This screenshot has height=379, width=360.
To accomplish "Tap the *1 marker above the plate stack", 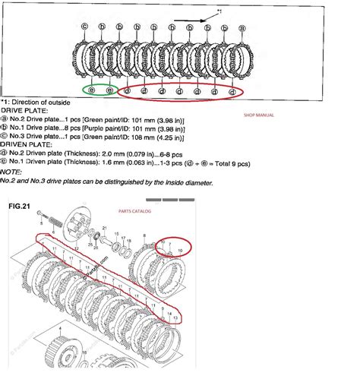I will click(x=220, y=10).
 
